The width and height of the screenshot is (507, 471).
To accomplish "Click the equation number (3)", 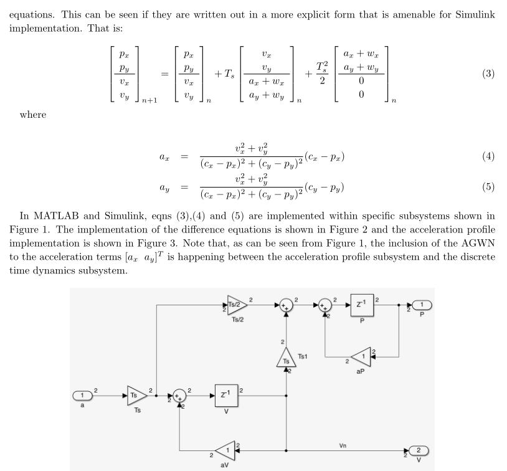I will point(488,74).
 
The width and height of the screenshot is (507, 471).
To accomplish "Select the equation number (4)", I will point(488,156).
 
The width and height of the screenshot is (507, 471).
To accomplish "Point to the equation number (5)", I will point(488,187).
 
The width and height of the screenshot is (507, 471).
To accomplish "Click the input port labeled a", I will point(82,395).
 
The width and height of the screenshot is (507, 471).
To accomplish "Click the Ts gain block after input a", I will point(135,395).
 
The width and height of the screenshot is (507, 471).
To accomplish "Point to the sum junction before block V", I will point(179,395).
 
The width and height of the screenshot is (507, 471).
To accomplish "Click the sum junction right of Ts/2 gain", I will point(286,305).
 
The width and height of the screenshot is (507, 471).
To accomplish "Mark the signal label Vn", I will point(343,445).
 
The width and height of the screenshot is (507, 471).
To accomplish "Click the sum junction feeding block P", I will point(325,305).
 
